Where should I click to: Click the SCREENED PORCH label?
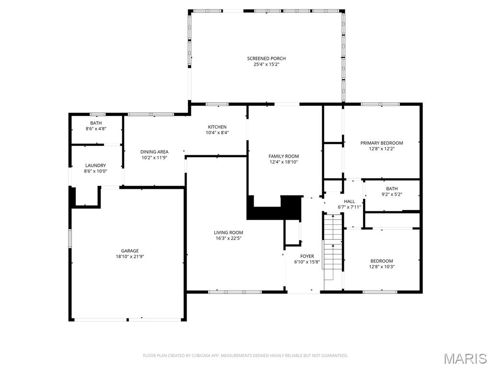[x=266, y=58]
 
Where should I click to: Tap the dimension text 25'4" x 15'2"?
[x=266, y=64]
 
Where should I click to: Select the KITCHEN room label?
[x=217, y=127]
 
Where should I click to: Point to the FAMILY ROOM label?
[x=283, y=156]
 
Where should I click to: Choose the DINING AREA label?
[x=154, y=152]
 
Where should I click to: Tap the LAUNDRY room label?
[x=95, y=165]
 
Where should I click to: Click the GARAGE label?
[x=129, y=251]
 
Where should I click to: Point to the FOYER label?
[x=307, y=256]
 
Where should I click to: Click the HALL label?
[x=349, y=201]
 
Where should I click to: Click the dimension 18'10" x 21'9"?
[x=129, y=256]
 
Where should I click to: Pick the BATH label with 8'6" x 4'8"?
[x=96, y=123]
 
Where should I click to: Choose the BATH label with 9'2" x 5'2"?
[x=392, y=189]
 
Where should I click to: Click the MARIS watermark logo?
[x=465, y=358]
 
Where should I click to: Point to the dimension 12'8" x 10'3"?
[x=382, y=267]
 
